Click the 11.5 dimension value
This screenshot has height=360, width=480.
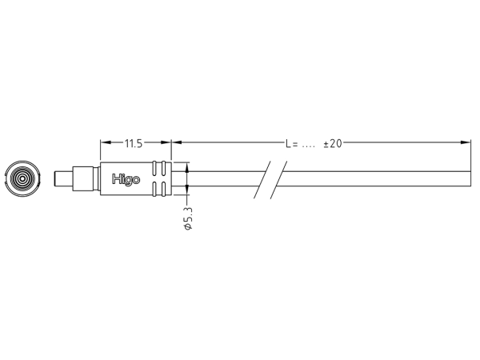click(133, 144)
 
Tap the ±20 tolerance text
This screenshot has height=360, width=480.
click(333, 144)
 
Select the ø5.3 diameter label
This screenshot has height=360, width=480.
click(188, 218)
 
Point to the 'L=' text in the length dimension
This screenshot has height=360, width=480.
click(292, 144)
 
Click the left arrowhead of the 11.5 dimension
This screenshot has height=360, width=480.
click(104, 144)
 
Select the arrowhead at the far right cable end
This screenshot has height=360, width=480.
click(467, 144)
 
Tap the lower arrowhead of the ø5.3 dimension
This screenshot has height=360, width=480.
click(188, 192)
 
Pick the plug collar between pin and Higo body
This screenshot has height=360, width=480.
click(85, 179)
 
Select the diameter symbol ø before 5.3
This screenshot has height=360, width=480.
click(188, 229)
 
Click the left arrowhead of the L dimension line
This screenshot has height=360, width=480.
click(176, 144)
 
